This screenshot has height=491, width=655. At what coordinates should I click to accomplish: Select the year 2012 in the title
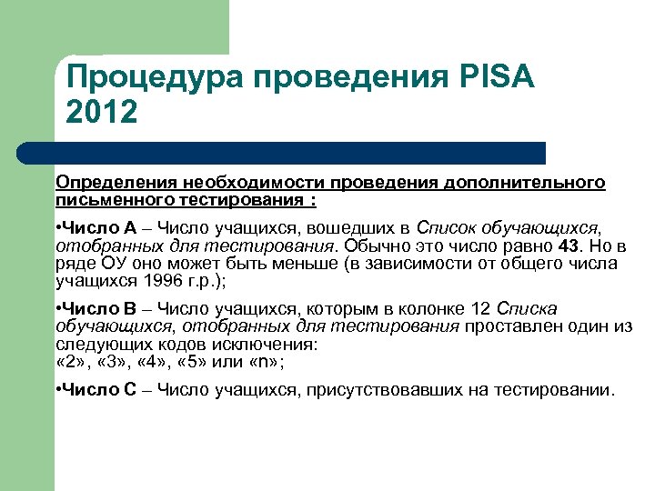point(102,113)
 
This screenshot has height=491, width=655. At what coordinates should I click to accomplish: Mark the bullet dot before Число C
point(58,391)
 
